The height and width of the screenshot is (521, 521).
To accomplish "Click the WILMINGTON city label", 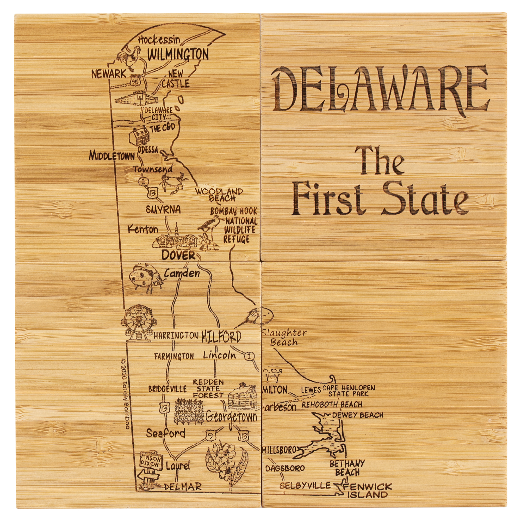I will pos(178,54).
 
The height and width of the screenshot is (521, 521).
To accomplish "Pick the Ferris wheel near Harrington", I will pos(138,322).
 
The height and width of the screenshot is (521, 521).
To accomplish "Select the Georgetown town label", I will pos(231,417).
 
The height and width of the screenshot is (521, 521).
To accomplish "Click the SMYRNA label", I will pos(163,209).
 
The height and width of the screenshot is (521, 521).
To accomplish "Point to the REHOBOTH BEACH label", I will pos(332,405).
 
